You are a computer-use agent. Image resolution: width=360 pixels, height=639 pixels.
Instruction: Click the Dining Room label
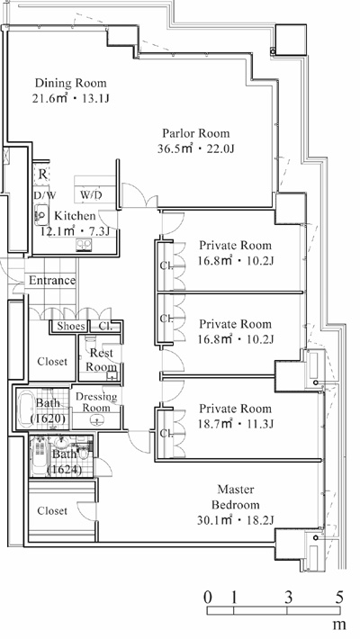pyautogui.click(x=70, y=83)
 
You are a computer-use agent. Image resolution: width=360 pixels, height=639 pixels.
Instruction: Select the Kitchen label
pyautogui.click(x=75, y=216)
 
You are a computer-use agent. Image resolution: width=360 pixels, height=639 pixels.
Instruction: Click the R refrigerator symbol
pyautogui.click(x=43, y=175)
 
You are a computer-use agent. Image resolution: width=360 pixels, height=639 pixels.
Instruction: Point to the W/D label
pyautogui.click(x=91, y=195)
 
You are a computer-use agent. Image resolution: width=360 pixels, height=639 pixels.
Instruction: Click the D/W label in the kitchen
pyautogui.click(x=45, y=195)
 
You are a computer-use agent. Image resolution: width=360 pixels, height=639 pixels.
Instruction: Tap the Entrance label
pyautogui.click(x=52, y=281)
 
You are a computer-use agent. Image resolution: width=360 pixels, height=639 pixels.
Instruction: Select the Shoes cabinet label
pyautogui.click(x=71, y=326)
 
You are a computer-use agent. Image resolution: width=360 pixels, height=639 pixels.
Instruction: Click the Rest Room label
pyautogui.click(x=101, y=360)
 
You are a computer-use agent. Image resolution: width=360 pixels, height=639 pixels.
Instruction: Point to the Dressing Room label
pyautogui.click(x=96, y=401)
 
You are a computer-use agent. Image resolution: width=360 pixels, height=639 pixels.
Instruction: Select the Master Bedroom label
pyautogui.click(x=236, y=497)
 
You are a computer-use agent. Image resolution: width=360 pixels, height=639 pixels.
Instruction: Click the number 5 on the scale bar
pyautogui.click(x=339, y=598)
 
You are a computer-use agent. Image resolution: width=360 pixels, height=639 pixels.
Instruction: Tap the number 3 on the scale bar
pyautogui.click(x=288, y=598)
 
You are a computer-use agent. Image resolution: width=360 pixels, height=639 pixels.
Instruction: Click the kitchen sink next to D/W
pyautogui.click(x=41, y=214)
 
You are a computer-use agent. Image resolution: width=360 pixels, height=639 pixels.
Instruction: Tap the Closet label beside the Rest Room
pyautogui.click(x=52, y=362)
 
